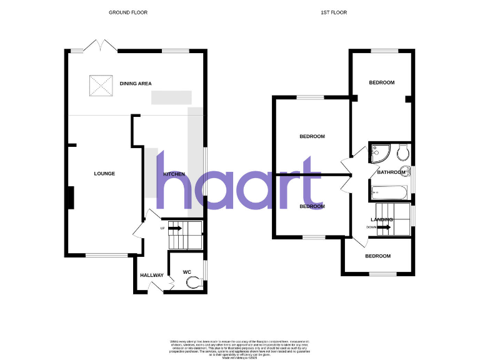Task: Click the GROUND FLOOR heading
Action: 128,12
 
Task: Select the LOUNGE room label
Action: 104,174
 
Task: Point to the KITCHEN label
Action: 174,174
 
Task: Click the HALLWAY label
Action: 151,276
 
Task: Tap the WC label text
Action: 186,272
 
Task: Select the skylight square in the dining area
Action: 99,84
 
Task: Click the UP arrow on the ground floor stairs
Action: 174,229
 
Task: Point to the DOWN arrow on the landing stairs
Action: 384,227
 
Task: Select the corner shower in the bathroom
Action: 378,152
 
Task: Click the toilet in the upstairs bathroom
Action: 402,152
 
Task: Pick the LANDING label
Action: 382,220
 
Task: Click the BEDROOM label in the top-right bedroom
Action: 381,83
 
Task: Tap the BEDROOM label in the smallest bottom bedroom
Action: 377,256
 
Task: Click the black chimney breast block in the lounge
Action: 71,197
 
